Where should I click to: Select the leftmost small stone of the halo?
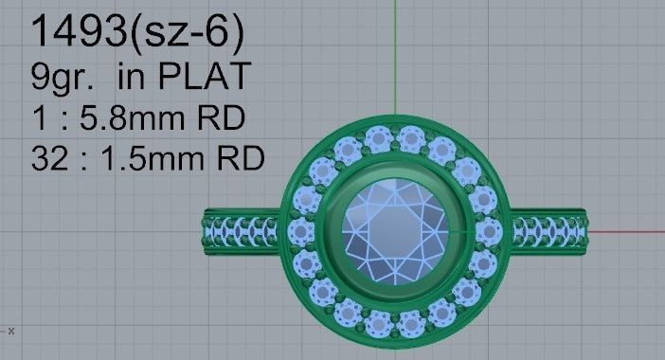point(300,230)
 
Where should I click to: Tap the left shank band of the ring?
point(242,230)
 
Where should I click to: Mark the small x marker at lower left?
point(10,331)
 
